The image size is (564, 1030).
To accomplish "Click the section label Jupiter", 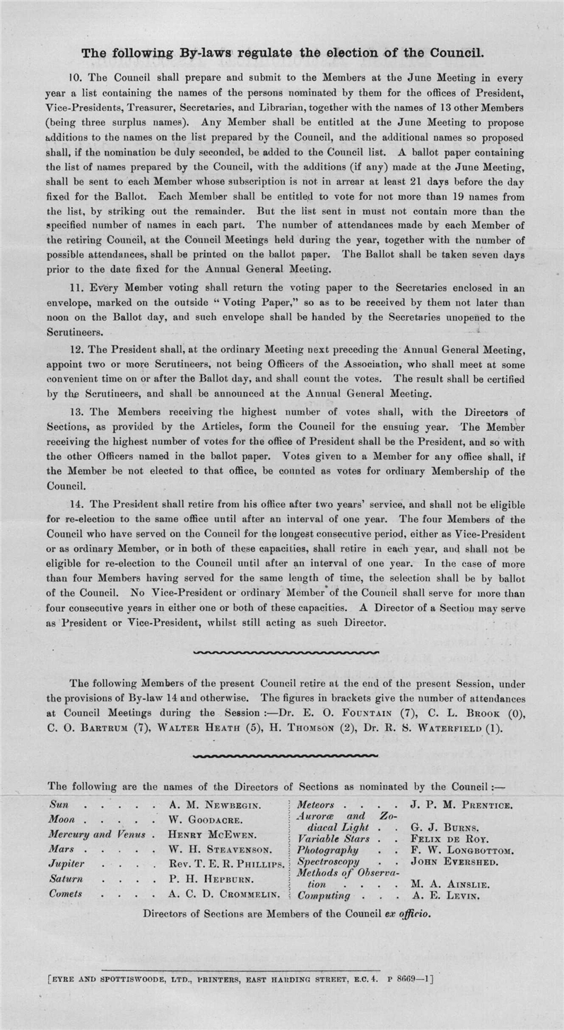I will tap(67, 864).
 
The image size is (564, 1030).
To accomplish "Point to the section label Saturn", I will tap(66, 879).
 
